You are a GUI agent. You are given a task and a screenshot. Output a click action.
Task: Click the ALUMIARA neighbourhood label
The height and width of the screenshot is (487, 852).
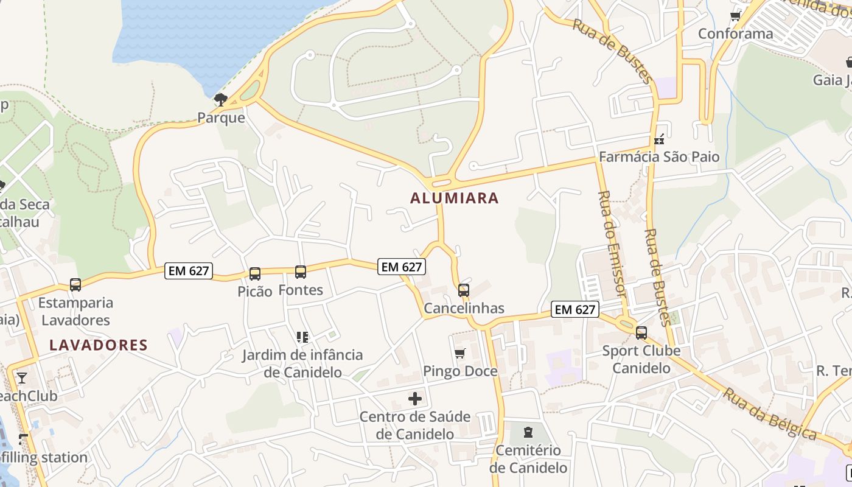tap(454, 198)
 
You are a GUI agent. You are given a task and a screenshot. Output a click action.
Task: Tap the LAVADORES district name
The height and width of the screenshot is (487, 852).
tap(99, 345)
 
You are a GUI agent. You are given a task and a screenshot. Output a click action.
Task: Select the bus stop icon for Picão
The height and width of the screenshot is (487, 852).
tap(255, 274)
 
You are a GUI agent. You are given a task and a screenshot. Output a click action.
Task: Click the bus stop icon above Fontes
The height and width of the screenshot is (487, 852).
tap(301, 272)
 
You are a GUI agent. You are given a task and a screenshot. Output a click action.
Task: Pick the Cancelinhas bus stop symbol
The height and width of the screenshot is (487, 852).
tap(464, 290)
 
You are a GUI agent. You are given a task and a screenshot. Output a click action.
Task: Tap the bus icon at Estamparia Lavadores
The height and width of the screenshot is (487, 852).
tap(75, 284)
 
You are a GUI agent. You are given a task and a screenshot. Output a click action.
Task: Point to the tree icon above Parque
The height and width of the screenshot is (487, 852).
tap(221, 99)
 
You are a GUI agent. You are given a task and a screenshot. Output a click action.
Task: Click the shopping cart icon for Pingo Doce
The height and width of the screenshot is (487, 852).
tap(460, 354)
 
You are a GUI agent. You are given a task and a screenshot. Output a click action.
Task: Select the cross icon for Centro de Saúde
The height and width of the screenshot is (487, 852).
tap(415, 399)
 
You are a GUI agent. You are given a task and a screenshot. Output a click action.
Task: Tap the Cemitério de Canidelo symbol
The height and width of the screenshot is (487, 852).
tap(528, 432)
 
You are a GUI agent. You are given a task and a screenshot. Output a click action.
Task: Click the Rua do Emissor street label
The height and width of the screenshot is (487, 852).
tap(612, 243)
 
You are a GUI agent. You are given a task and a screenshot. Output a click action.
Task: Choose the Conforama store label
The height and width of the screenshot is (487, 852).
tap(735, 33)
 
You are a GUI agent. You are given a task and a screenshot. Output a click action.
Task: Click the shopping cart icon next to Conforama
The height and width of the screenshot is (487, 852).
tap(735, 16)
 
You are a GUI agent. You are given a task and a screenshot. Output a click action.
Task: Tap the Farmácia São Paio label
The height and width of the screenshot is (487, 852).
tap(659, 157)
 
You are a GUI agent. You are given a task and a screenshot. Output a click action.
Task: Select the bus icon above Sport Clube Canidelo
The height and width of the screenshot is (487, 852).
tap(641, 332)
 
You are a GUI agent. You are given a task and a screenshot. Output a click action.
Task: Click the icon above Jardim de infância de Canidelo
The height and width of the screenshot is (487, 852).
tap(302, 337)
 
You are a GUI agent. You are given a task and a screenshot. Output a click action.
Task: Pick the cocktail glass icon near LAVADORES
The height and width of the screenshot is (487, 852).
tap(22, 378)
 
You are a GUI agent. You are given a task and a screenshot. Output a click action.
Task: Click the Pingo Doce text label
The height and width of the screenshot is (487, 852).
tap(460, 371)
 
